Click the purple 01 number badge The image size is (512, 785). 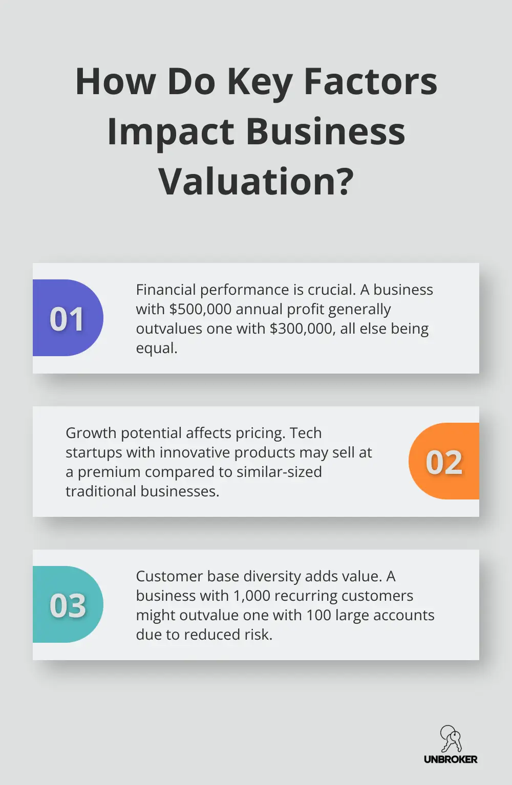(x=67, y=318)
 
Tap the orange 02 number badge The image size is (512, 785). (x=444, y=462)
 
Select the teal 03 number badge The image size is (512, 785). (x=67, y=605)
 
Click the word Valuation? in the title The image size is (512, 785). (x=256, y=181)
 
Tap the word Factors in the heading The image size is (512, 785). (x=370, y=82)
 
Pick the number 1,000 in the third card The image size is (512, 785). (x=251, y=596)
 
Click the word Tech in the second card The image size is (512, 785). (x=306, y=433)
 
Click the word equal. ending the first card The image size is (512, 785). (x=157, y=348)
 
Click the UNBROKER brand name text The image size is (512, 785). (x=451, y=759)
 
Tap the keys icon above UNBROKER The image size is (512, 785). (x=451, y=739)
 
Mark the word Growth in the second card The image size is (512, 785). (x=91, y=433)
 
